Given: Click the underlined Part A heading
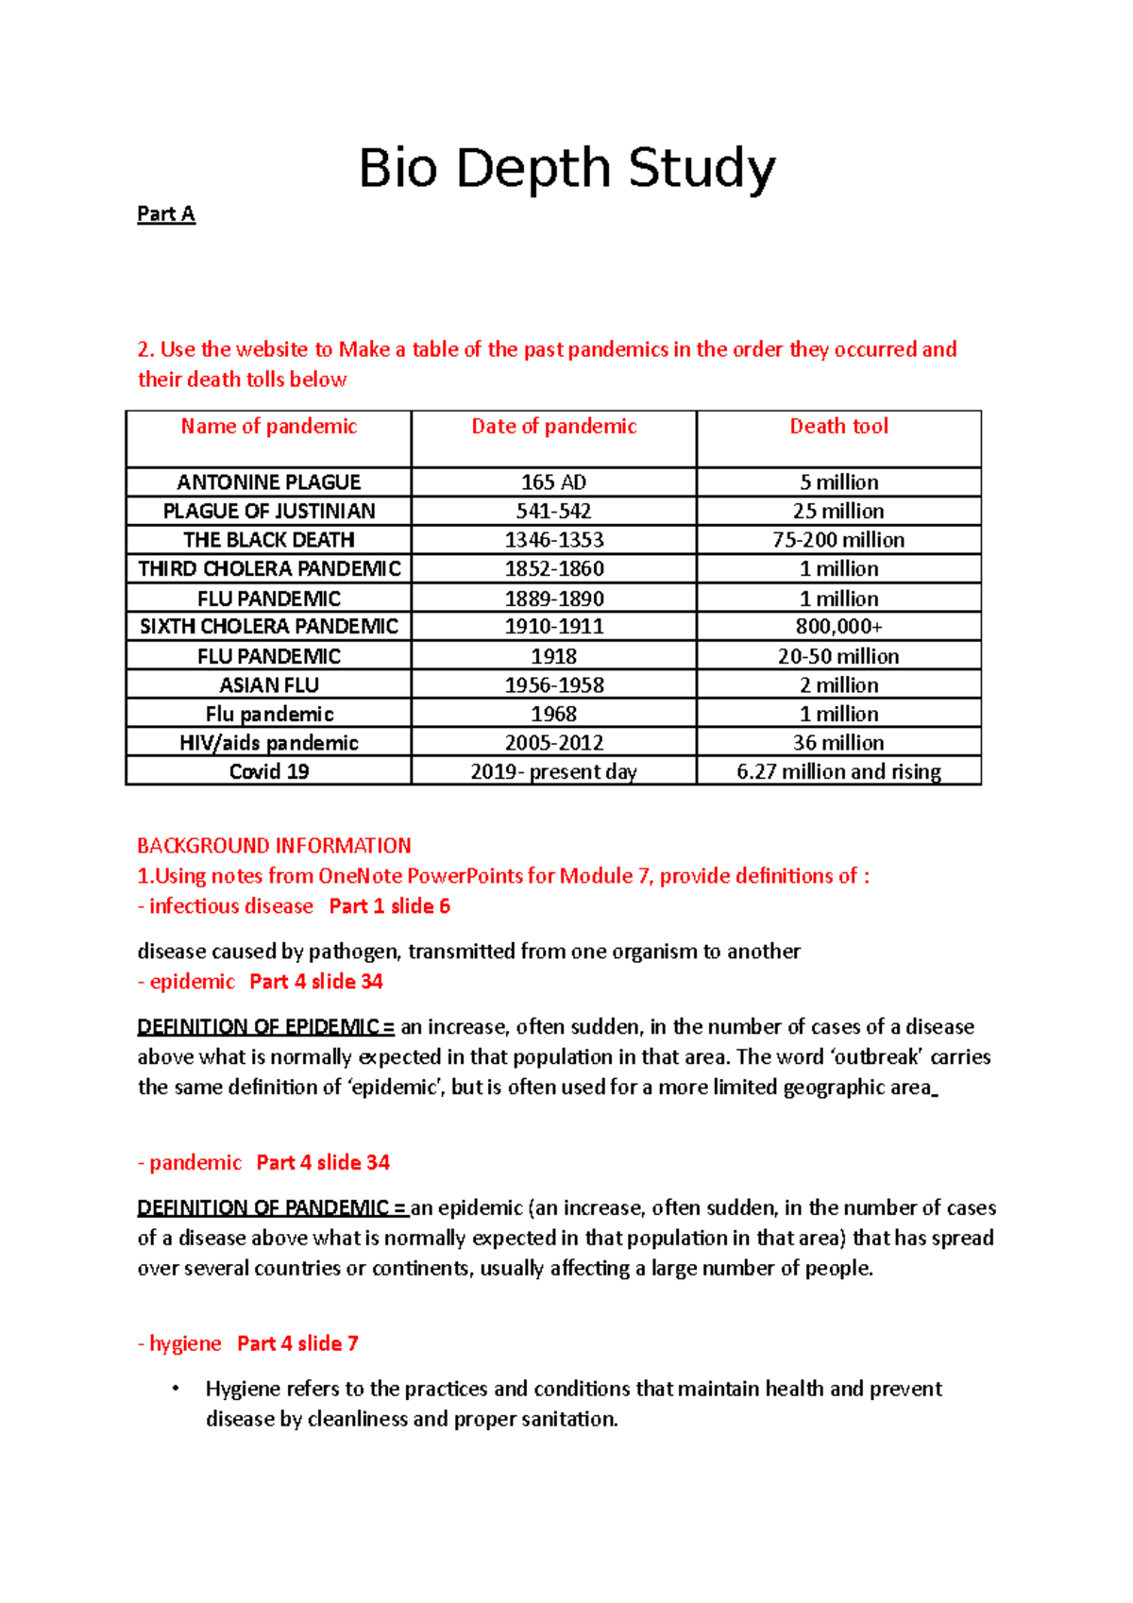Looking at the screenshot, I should [x=166, y=214].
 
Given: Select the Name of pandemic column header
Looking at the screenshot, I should [x=269, y=427].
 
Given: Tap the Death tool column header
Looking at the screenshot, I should [x=838, y=427].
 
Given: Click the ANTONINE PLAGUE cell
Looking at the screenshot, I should [x=269, y=482].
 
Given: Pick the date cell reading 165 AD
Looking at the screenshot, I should [x=553, y=482].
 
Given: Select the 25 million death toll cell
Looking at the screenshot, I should [x=838, y=511].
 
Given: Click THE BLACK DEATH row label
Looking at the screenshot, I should [x=269, y=540].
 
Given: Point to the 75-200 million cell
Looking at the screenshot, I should [x=838, y=540].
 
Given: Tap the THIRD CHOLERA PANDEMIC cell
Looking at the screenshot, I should [x=269, y=568].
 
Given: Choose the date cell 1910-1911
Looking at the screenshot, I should [x=553, y=626].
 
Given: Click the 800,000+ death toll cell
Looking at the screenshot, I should [x=838, y=626].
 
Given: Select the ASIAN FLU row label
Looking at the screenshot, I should [x=269, y=684].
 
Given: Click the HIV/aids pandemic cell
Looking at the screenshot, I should [x=269, y=743].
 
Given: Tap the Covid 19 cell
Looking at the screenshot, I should [x=269, y=771].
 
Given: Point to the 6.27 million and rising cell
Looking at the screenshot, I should [x=838, y=771].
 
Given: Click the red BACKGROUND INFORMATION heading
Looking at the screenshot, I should [x=274, y=846].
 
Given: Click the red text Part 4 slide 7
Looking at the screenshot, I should [x=297, y=1343].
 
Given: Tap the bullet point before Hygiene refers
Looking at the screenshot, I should [x=175, y=1389].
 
